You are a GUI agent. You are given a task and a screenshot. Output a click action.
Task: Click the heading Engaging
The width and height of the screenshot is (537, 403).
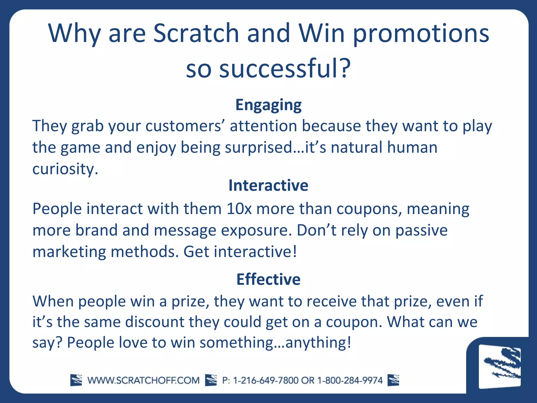coord(268,105)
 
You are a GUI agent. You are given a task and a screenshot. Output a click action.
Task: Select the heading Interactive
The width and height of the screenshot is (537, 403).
coord(268,185)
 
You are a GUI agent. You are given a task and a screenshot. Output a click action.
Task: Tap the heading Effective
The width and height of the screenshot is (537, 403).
coord(268,279)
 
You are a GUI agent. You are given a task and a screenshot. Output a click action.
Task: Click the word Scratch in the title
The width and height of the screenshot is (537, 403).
coord(196,34)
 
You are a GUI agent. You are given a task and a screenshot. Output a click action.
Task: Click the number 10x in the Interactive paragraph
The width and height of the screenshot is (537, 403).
coord(239,209)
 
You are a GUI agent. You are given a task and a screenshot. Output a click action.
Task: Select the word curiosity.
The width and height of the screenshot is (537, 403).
coord(65,169)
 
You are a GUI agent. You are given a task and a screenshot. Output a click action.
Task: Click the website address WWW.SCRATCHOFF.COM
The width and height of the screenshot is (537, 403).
coord(143,380)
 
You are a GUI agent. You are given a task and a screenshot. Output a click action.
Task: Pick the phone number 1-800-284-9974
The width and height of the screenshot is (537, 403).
coord(350,380)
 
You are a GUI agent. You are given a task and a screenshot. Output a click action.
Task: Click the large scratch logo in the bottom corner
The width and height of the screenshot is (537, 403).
coord(500,366)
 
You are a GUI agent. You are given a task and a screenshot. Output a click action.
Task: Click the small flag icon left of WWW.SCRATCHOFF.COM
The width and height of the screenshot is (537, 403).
coord(76,380)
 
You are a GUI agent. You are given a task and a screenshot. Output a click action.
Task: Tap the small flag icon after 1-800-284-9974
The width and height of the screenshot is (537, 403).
coord(393,380)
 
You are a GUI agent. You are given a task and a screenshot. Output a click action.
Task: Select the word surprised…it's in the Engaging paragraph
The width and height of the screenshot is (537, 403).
coord(276,147)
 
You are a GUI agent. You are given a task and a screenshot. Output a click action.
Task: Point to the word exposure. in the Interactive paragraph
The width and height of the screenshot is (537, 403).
coord(256,230)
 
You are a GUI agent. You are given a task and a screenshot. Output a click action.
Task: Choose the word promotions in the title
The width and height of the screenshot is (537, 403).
coord(421,34)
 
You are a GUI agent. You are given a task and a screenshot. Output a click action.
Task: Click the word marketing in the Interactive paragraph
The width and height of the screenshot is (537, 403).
coord(69,252)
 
